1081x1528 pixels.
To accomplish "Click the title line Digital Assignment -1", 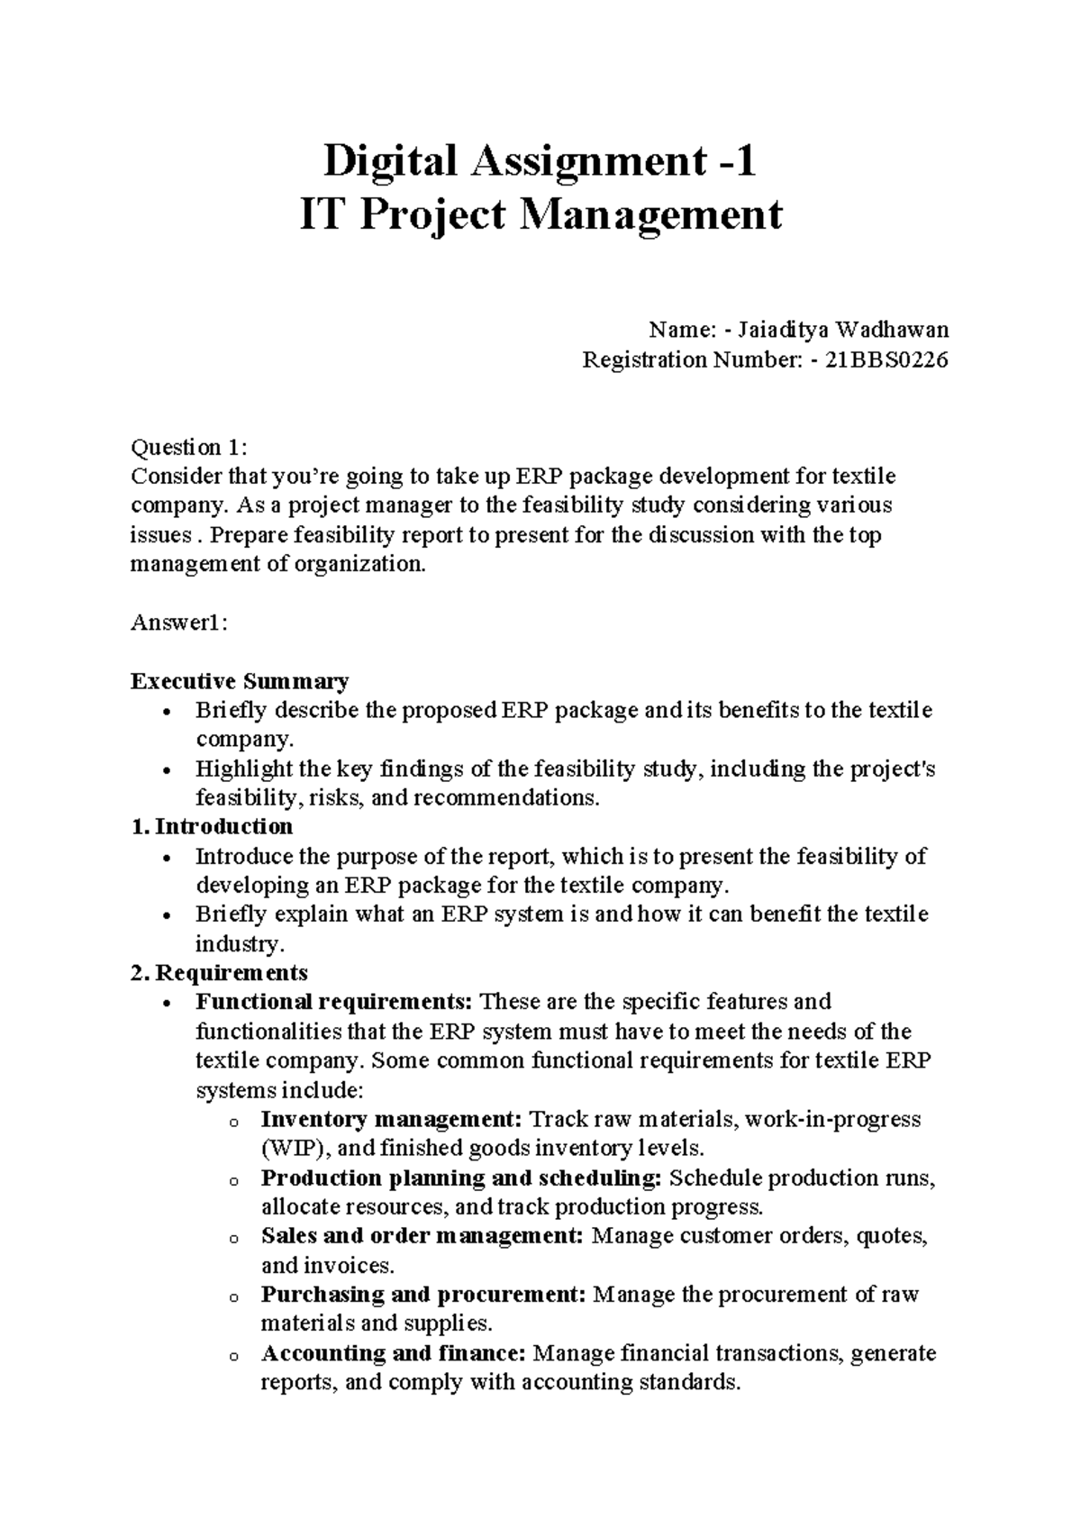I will point(540,162).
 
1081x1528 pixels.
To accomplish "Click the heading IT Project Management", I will point(540,215).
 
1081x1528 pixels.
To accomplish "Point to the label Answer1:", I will point(179,623).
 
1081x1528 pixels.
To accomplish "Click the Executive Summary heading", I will point(240,681).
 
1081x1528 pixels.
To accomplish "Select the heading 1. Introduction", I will point(213,827).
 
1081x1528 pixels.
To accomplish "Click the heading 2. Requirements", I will point(220,973).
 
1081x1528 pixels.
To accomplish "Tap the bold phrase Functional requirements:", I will point(334,1002).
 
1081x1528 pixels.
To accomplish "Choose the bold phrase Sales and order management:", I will point(422,1236).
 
